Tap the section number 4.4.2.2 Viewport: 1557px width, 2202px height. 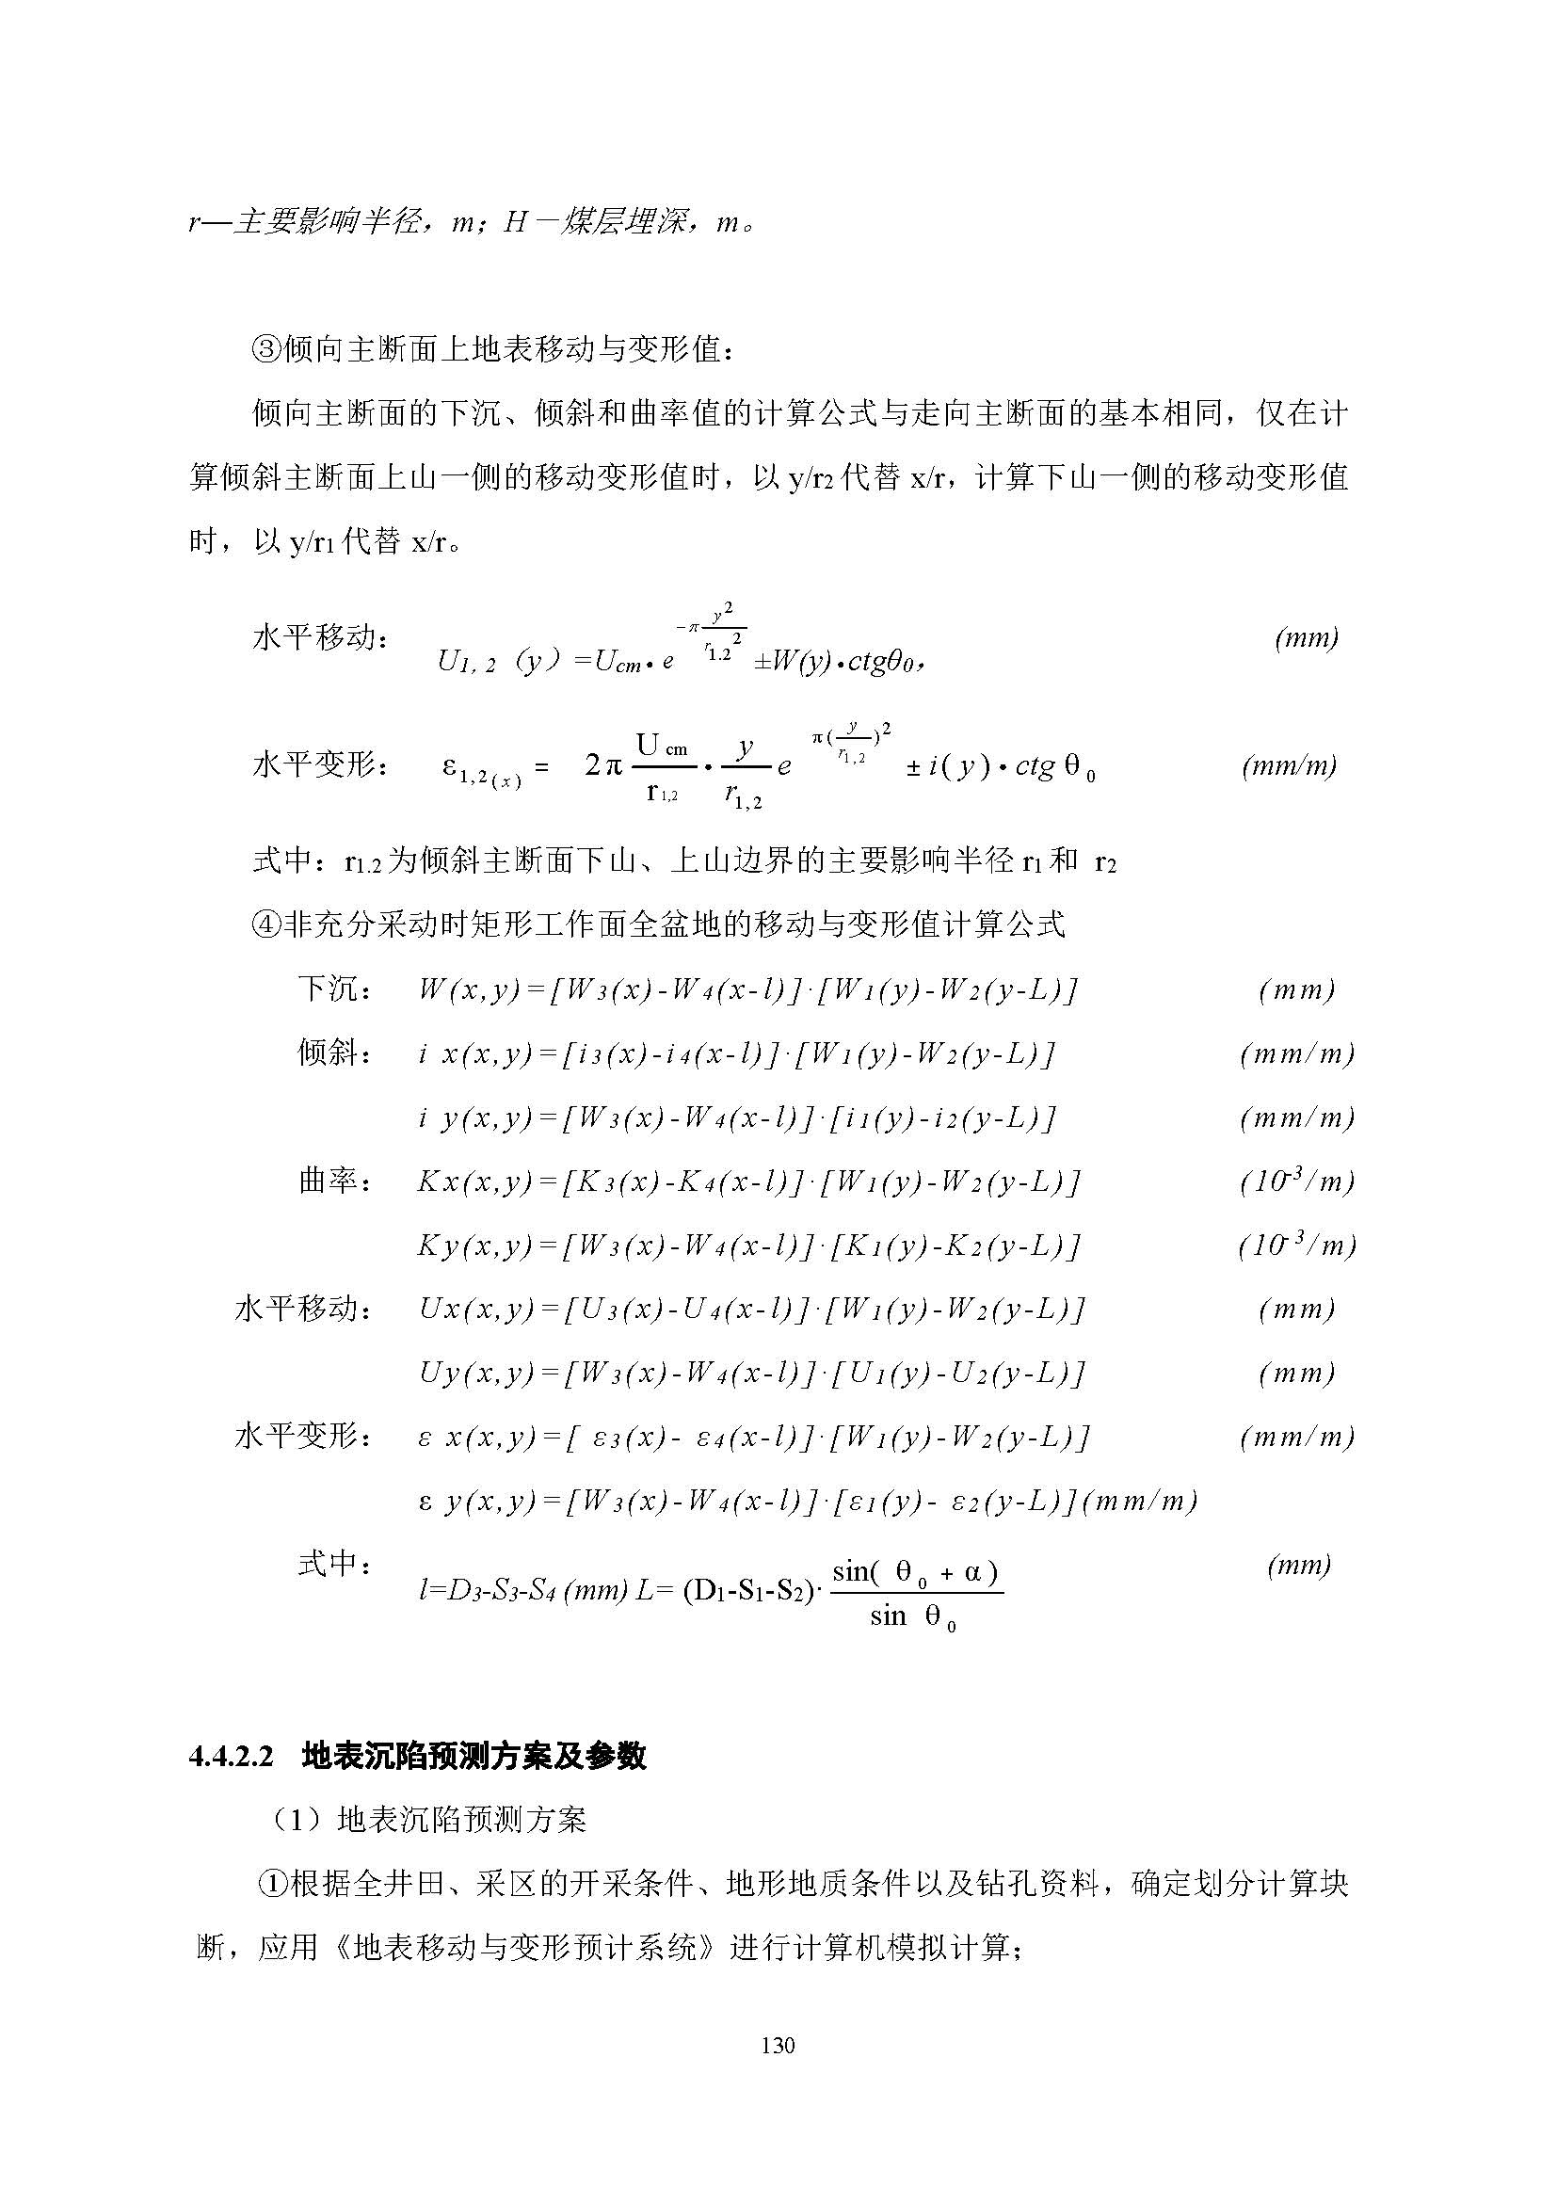[231, 1757]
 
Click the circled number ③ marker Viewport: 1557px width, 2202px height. [265, 350]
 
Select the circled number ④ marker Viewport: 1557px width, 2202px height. [265, 924]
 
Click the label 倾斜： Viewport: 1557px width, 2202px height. [335, 1053]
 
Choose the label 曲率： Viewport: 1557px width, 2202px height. [335, 1181]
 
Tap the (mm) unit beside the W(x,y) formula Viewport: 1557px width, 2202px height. [1296, 989]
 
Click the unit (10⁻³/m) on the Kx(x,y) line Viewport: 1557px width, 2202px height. [1296, 1181]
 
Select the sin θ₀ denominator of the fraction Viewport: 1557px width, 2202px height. [913, 1617]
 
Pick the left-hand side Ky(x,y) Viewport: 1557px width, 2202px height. [474, 1245]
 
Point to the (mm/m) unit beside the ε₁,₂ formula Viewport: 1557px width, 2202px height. [1289, 765]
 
